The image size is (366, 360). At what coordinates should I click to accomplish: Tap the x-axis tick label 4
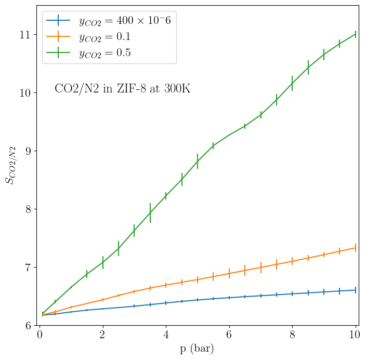166,334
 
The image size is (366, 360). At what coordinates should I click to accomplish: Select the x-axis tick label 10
356,334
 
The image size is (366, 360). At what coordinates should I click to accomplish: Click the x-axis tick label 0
40,334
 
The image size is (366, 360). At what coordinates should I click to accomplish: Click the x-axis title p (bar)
197,349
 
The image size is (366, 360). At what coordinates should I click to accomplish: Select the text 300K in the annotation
177,89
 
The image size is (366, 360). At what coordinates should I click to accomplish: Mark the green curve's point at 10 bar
356,34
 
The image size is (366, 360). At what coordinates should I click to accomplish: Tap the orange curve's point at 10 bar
356,248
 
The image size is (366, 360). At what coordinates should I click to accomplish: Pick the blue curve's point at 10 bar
356,290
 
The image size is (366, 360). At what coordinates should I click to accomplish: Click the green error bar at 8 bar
292,83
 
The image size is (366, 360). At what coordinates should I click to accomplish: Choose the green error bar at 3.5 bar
150,213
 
